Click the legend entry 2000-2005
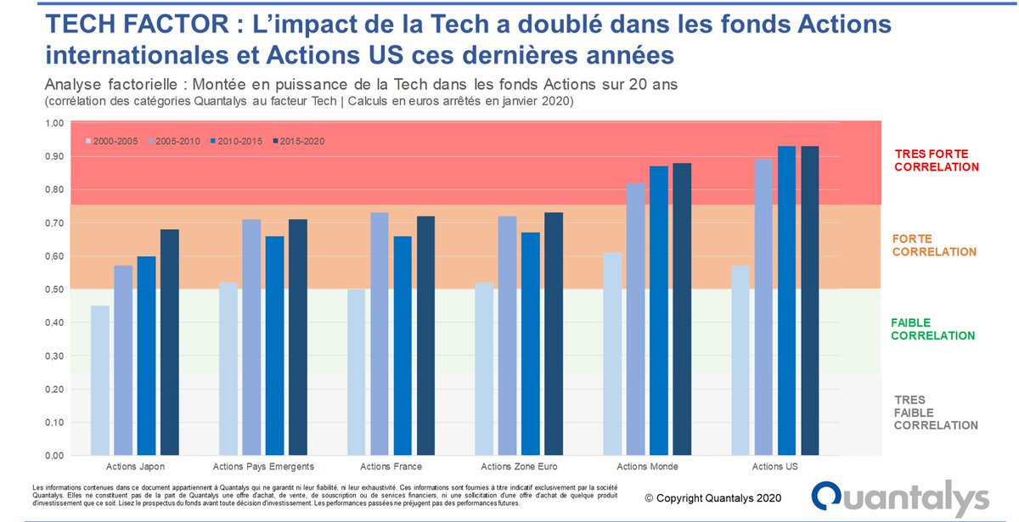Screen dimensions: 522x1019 click(111, 140)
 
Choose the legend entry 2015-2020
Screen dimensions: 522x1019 click(298, 140)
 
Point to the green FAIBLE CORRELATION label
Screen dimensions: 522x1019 click(932, 329)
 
